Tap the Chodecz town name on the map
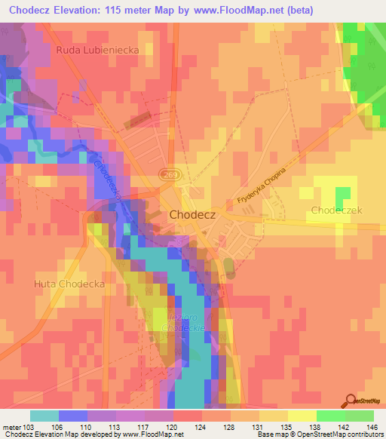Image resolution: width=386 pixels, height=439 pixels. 192,214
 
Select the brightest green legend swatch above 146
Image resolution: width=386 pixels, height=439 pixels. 360,416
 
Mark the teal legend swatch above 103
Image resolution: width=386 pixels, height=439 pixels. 44,416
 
